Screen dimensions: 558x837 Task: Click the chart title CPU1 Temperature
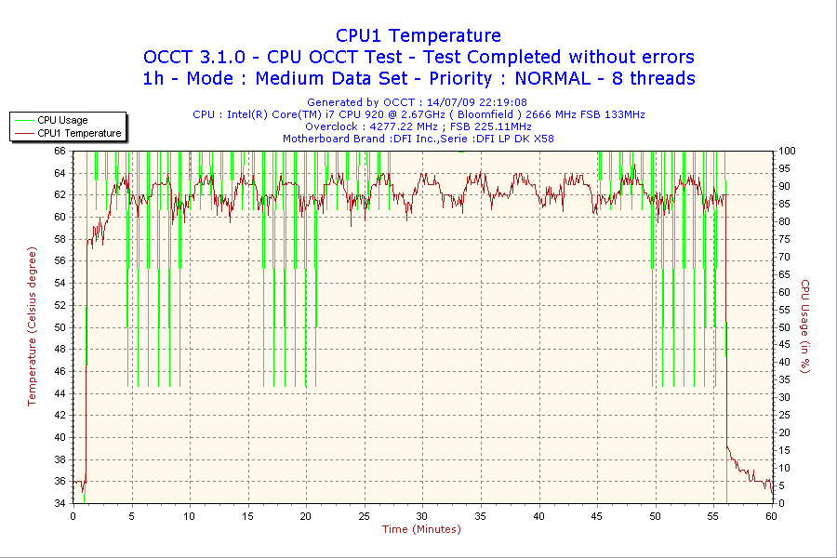[418, 35]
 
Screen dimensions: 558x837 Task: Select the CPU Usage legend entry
[62, 120]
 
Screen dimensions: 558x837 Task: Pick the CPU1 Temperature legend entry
[79, 133]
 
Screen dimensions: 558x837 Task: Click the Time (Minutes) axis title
[421, 529]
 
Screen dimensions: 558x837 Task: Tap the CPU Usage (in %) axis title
[805, 325]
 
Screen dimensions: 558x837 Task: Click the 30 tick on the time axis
[422, 515]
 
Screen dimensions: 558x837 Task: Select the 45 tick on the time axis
[597, 515]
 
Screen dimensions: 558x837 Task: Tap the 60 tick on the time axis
[771, 515]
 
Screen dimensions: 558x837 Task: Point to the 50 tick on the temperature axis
[60, 327]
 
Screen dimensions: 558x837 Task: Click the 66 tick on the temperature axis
[60, 151]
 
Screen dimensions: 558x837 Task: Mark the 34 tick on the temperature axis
[60, 503]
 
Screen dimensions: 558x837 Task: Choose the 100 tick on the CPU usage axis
[786, 151]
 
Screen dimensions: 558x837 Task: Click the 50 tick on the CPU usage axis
[783, 327]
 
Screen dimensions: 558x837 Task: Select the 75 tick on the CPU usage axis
[783, 239]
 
